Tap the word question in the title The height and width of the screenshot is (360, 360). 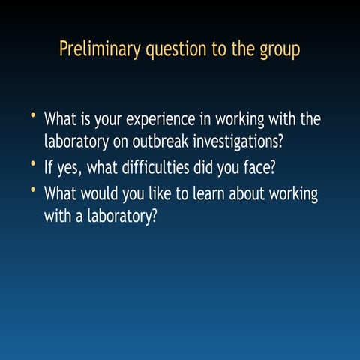point(172,51)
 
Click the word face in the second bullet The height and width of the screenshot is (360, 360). point(260,166)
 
